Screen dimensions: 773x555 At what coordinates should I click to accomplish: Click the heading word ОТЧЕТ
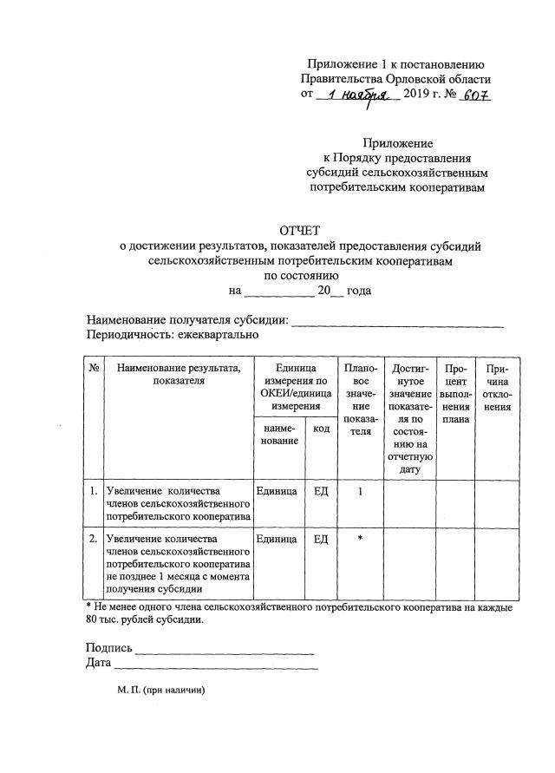[x=299, y=231]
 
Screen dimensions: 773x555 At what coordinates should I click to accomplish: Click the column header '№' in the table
[x=94, y=368]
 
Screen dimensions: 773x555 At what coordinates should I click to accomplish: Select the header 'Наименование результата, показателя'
[x=179, y=374]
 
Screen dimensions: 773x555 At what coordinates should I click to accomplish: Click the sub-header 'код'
[x=320, y=430]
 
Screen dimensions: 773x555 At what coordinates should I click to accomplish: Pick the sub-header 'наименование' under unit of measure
[x=277, y=436]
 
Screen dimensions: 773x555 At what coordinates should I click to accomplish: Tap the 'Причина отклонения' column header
[x=497, y=388]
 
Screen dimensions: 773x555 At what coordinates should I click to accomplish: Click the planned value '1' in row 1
[x=358, y=491]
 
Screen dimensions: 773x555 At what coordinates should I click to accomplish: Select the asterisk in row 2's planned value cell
[x=358, y=539]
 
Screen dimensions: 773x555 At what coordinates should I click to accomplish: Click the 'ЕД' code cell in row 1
[x=320, y=491]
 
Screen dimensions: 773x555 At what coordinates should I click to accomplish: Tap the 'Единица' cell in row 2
[x=277, y=539]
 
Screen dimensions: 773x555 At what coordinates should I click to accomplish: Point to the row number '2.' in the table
[x=94, y=539]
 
